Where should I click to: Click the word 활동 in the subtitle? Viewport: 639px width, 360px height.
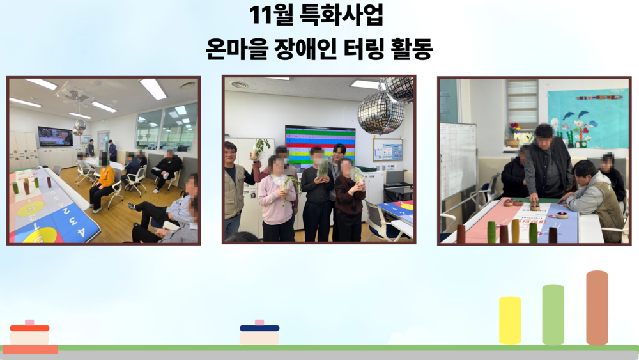(412, 50)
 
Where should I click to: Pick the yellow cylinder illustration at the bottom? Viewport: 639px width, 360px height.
(510, 320)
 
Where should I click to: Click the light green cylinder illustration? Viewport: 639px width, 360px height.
(553, 315)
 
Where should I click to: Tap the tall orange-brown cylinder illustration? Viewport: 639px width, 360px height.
(597, 308)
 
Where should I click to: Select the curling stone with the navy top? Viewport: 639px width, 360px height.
(259, 334)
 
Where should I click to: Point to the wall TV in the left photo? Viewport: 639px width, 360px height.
(55, 136)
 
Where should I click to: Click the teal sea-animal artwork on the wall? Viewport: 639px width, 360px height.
(587, 118)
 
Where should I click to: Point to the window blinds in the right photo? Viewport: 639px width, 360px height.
(522, 102)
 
